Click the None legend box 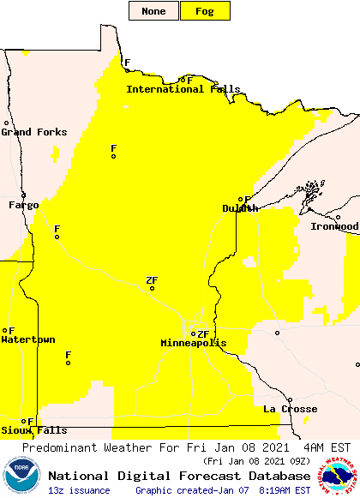pos(154,11)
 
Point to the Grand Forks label pos(28,132)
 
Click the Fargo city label pos(24,206)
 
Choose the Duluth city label pos(240,208)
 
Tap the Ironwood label pos(334,226)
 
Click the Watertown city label pos(27,340)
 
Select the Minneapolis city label pos(194,344)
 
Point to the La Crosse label pos(291,410)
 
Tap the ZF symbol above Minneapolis pos(202,334)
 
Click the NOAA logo pos(21,476)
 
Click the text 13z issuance pos(79,490)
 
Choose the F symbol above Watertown pos(11,330)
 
